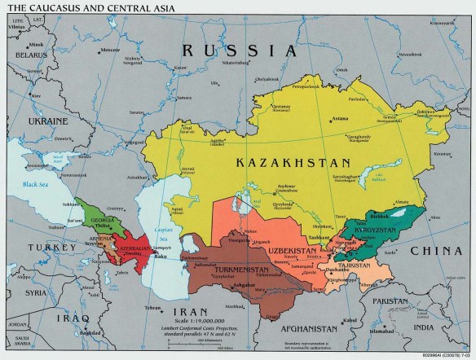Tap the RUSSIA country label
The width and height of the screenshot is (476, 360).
coord(239,50)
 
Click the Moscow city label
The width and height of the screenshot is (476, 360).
coord(105,50)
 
